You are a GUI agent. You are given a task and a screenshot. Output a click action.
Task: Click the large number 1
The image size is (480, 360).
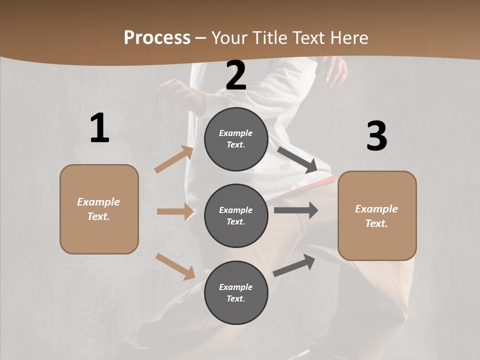point(99,128)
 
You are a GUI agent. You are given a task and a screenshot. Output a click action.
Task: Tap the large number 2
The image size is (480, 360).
point(236,75)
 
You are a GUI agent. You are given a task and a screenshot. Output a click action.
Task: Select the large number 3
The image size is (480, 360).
point(376,136)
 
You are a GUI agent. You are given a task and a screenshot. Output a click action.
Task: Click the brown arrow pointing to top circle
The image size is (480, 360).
point(174,159)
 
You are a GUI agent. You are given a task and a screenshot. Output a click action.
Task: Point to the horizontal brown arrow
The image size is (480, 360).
point(175,211)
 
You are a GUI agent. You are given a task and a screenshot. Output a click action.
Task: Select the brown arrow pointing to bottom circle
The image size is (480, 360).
point(175,266)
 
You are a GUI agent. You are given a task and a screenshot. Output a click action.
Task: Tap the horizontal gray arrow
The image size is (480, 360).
point(295,210)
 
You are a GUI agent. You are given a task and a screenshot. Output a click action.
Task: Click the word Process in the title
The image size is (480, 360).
point(157,37)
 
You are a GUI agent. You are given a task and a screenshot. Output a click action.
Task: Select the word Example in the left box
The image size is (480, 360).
point(98,202)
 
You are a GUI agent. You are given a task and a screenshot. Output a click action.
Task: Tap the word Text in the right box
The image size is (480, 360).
point(376,223)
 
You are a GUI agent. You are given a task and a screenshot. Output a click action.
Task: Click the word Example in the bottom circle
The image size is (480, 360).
point(236,287)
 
